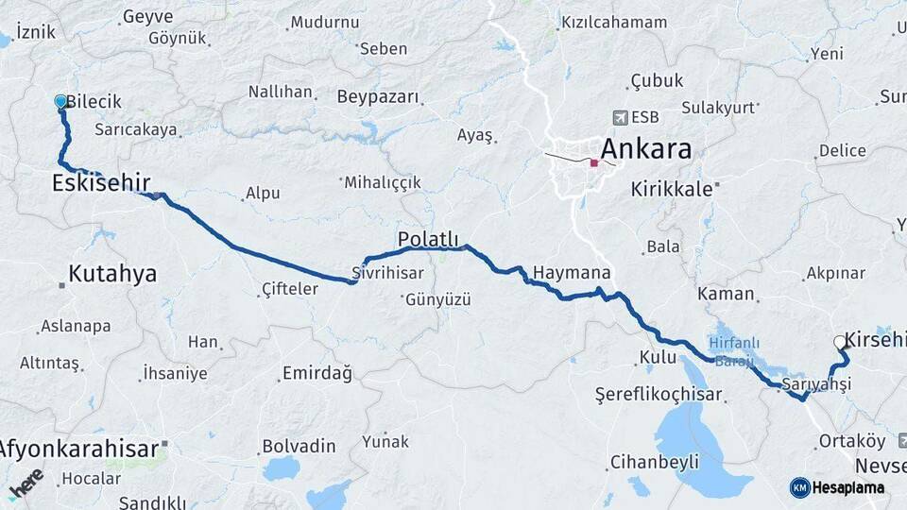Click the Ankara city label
646,149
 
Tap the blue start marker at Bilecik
61,101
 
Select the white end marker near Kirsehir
839,343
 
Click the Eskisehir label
101,181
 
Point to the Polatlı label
428,239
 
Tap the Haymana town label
572,273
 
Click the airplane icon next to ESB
620,117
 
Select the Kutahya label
112,274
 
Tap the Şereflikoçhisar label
659,392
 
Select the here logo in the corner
26,484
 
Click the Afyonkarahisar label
79,449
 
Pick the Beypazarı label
377,97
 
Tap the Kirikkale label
671,189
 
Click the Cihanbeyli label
655,462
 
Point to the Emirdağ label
317,374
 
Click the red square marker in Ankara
593,162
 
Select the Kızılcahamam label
615,22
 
